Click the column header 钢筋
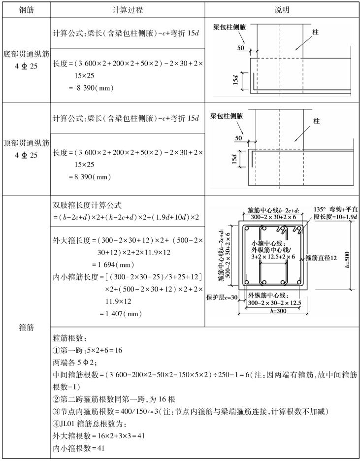pyautogui.click(x=26, y=9)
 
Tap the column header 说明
pyautogui.click(x=282, y=9)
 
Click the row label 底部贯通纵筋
pyautogui.click(x=26, y=53)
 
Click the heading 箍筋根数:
pyautogui.click(x=69, y=338)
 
